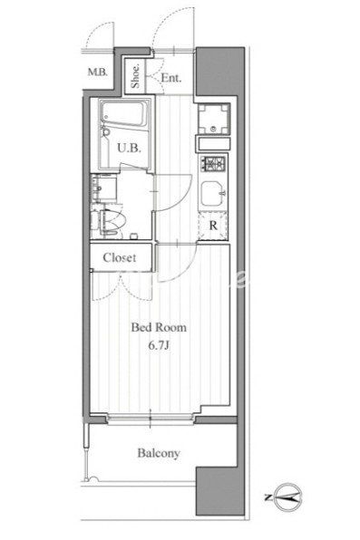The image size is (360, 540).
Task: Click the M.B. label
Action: pyautogui.click(x=98, y=72)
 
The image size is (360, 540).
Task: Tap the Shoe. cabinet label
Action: pyautogui.click(x=135, y=76)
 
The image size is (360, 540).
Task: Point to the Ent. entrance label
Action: pyautogui.click(x=171, y=78)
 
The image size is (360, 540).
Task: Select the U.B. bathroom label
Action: pyautogui.click(x=130, y=148)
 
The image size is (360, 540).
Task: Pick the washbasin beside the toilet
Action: pyautogui.click(x=103, y=188)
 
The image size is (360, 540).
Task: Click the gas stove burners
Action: pyautogui.click(x=214, y=164)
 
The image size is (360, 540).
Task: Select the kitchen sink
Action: pyautogui.click(x=213, y=194)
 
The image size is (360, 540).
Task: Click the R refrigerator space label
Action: pyautogui.click(x=213, y=226)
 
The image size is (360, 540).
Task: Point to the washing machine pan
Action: pyautogui.click(x=214, y=119)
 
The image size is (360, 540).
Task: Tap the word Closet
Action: pyautogui.click(x=120, y=257)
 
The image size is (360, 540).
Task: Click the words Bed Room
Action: pyautogui.click(x=159, y=327)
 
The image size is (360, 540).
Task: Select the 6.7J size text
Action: pyautogui.click(x=159, y=345)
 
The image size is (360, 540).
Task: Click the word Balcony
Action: pyautogui.click(x=159, y=453)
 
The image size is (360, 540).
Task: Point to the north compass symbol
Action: pyautogui.click(x=288, y=497)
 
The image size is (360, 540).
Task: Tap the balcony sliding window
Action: pyautogui.click(x=151, y=419)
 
